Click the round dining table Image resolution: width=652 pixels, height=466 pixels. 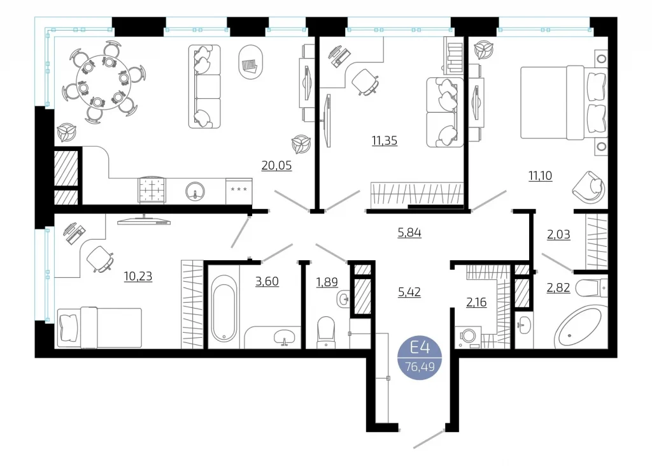tap(104, 82)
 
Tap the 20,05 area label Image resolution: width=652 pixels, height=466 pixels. tap(276, 166)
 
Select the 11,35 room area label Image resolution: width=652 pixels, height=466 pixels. tap(385, 141)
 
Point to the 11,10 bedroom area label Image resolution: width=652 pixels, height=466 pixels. tap(541, 176)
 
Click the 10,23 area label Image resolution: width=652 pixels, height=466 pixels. tap(138, 276)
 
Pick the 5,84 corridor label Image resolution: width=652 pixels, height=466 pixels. tap(409, 233)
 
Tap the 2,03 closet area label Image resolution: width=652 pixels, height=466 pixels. tap(558, 235)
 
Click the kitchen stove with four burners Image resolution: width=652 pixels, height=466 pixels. tap(152, 191)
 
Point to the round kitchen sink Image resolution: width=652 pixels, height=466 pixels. tap(195, 192)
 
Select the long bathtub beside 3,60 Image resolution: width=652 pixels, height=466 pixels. tap(224, 309)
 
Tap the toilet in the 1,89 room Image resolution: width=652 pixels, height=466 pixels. tap(325, 331)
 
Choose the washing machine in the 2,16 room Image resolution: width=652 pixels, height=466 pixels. tap(468, 337)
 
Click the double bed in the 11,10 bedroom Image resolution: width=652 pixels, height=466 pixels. tap(564, 103)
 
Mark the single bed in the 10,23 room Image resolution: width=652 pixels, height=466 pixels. tap(99, 327)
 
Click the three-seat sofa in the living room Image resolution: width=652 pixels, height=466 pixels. tap(204, 87)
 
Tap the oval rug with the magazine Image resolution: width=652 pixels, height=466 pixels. tap(251, 62)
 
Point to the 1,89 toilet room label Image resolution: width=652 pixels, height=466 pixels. tap(327, 282)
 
